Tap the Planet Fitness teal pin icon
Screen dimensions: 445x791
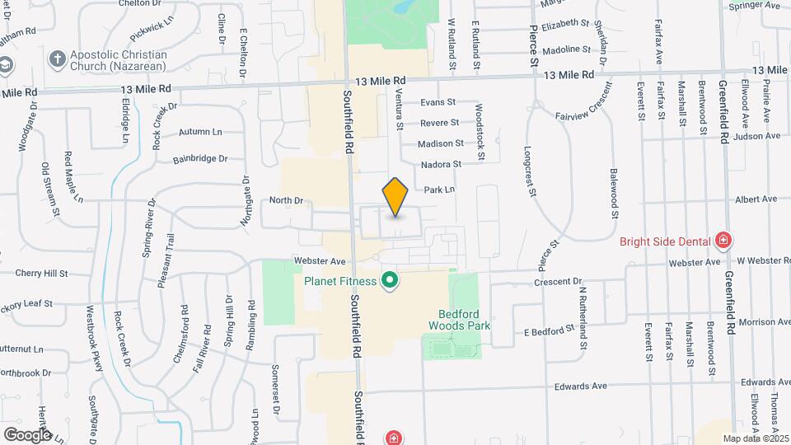pos(390,282)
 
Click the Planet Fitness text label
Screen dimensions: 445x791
pos(340,281)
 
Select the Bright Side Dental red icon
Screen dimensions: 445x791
pos(723,241)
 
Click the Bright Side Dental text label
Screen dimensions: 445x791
pos(664,241)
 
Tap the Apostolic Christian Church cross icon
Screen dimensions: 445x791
pos(57,59)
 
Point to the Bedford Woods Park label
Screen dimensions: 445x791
pos(460,319)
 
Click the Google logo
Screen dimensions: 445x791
pos(27,434)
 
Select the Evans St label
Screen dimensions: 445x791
pos(438,102)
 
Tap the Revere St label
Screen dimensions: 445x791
pos(439,123)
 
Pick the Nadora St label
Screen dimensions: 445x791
pos(440,165)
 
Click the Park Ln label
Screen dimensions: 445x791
pos(439,190)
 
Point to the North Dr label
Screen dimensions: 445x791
pos(287,200)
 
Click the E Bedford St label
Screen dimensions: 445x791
pos(550,331)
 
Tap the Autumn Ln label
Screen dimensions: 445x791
pos(200,132)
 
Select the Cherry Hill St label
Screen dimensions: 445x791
pos(41,273)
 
